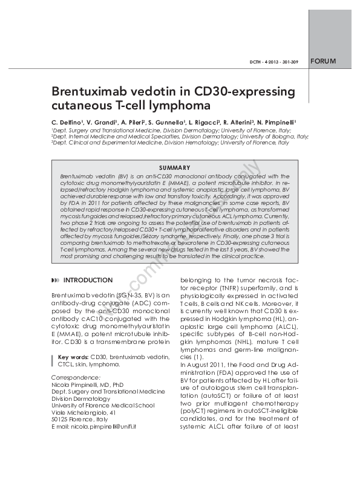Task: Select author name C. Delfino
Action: click(67, 122)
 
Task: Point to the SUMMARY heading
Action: click(175, 167)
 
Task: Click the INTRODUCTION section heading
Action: click(88, 281)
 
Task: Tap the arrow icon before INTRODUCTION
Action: click(56, 281)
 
